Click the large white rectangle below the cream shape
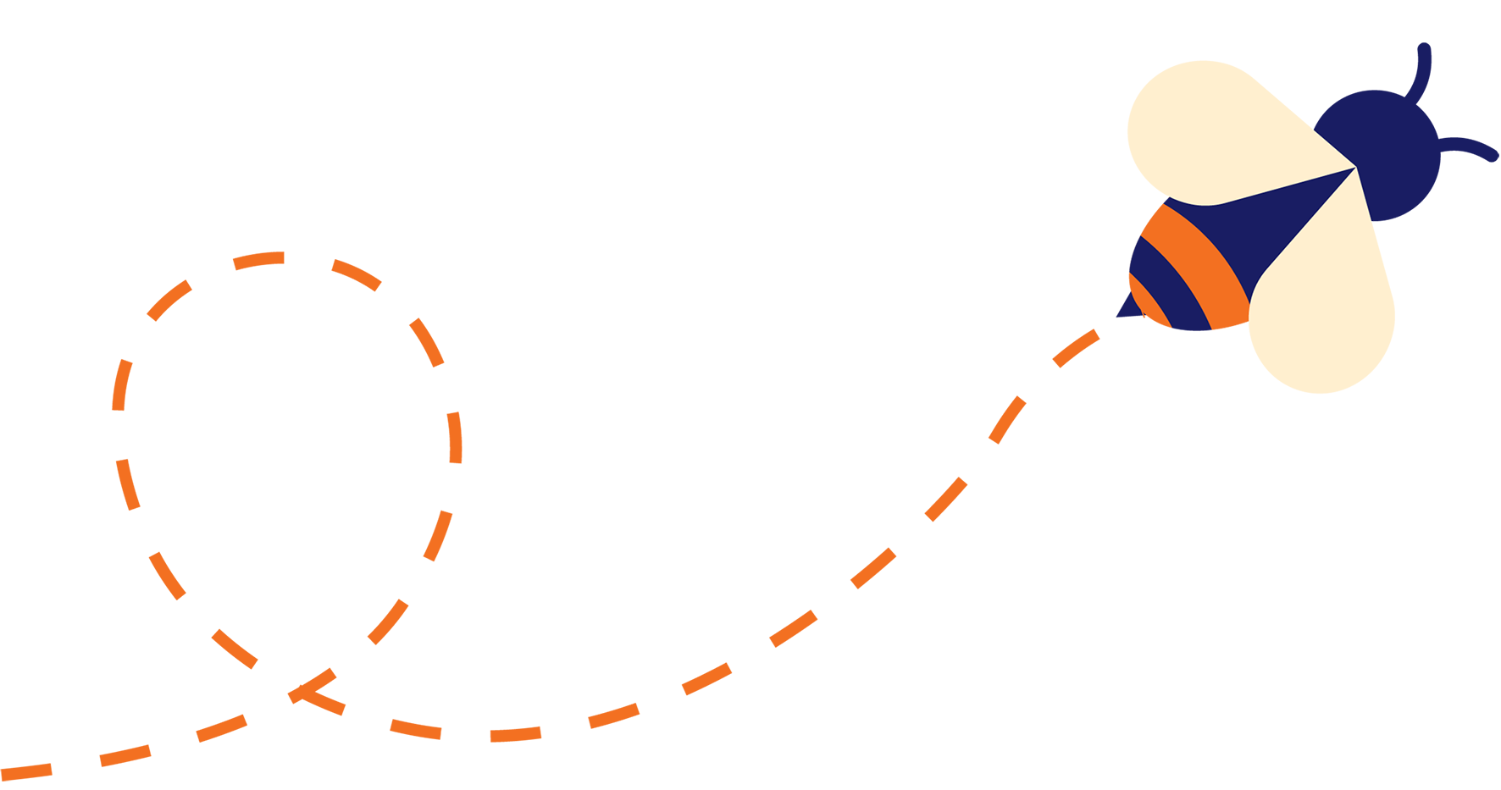pos(1399,720)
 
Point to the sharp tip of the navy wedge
pos(1354,168)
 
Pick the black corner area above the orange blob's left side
pos(68,127)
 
